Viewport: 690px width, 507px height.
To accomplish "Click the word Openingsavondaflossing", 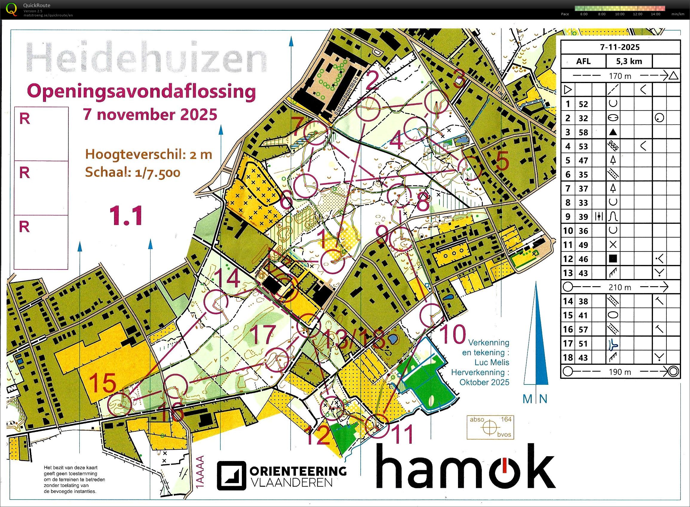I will [x=141, y=91].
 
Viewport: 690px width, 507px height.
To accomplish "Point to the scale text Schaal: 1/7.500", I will [x=133, y=172].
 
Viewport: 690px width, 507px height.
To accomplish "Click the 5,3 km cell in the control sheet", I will [x=629, y=61].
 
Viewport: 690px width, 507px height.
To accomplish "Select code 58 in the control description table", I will [x=583, y=132].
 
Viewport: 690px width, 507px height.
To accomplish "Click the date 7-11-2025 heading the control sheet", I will [x=620, y=47].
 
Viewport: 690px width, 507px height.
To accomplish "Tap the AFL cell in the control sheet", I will [x=583, y=61].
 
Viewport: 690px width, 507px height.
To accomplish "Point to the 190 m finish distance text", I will [x=620, y=372].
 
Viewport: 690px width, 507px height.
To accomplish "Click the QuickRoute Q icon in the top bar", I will [x=12, y=9].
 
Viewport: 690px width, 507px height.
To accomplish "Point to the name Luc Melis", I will [x=491, y=362].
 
